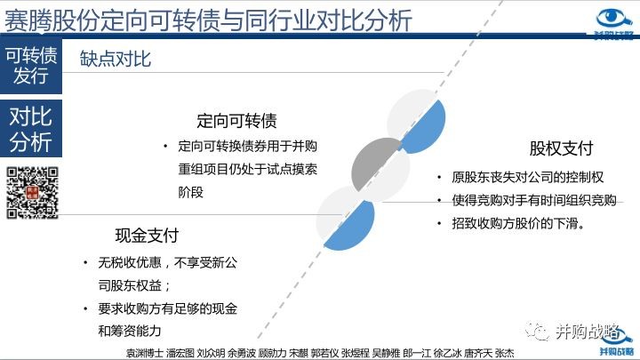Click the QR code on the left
click(32, 193)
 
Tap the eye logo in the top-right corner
click(614, 20)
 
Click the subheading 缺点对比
click(115, 60)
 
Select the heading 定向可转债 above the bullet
click(236, 121)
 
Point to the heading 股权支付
click(561, 148)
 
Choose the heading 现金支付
click(147, 236)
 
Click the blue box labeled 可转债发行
click(31, 66)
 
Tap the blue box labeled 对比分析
click(31, 128)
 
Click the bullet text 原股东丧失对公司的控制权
click(527, 177)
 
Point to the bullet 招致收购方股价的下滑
click(518, 223)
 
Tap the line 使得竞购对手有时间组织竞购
click(534, 200)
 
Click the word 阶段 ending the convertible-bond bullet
click(190, 192)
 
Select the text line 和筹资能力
click(130, 331)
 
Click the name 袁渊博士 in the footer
click(145, 353)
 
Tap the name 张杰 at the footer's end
click(505, 353)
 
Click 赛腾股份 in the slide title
click(52, 20)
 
